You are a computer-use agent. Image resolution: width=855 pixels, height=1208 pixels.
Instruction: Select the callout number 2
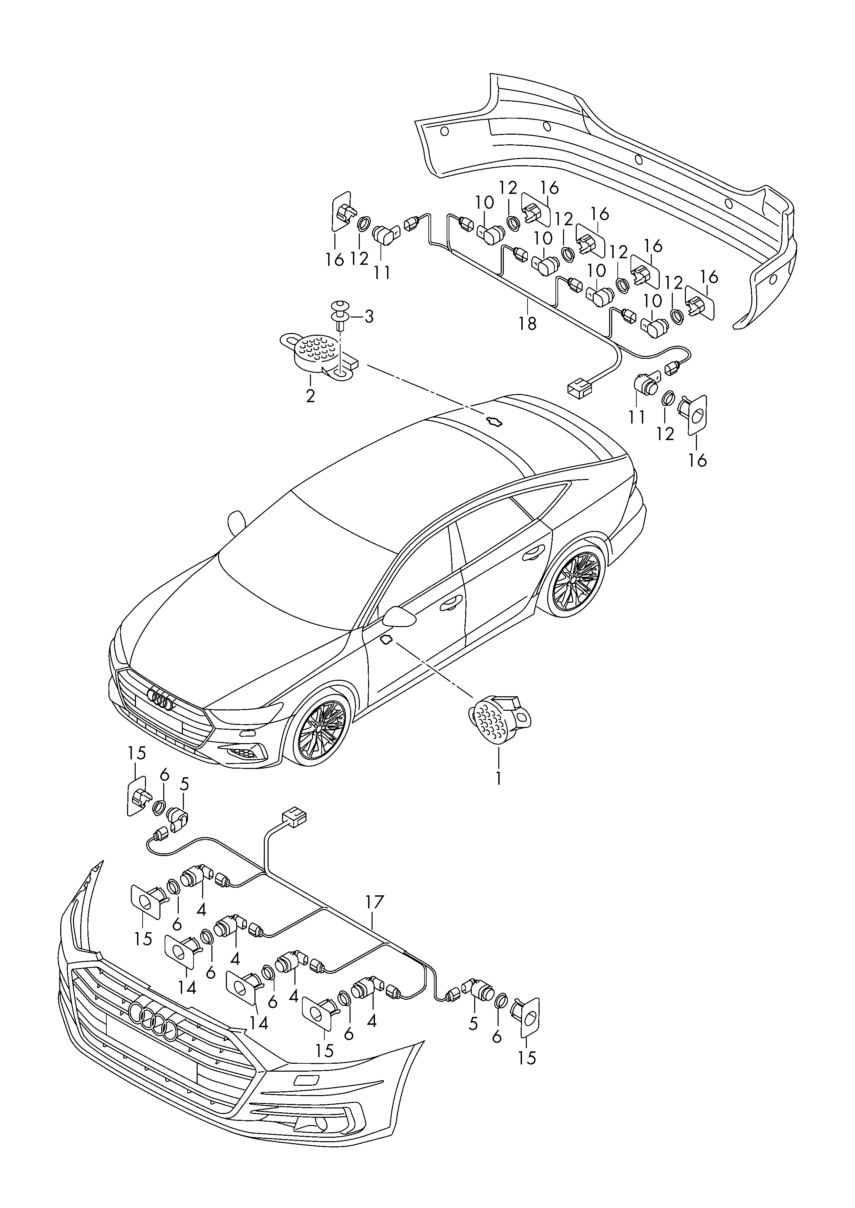click(310, 396)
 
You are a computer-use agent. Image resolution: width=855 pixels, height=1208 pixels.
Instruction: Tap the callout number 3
click(368, 317)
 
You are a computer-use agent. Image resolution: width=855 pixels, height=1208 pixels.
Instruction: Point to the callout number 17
click(375, 902)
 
